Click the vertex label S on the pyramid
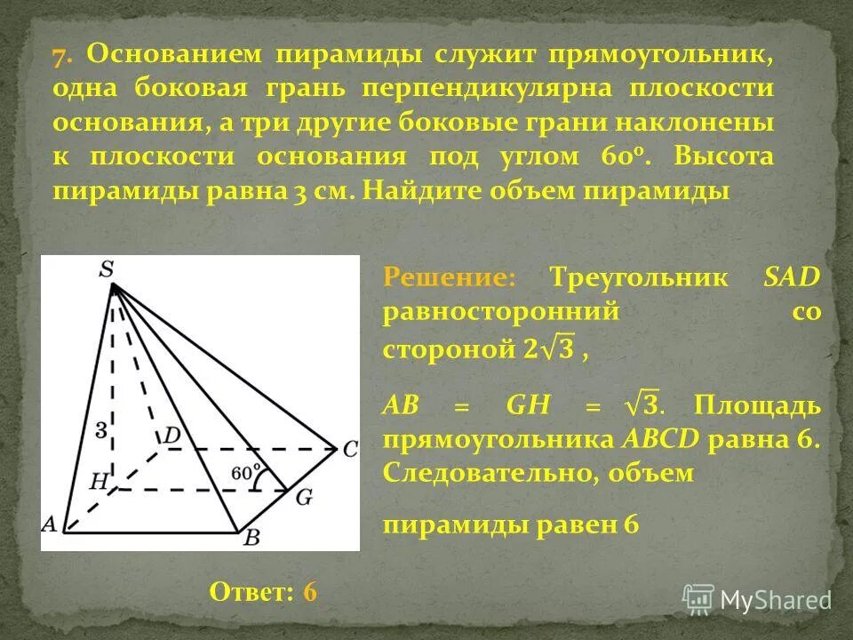107,268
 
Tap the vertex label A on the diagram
49,524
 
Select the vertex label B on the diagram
251,536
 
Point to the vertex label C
349,450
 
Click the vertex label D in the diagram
171,436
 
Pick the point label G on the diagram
304,496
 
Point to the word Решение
449,277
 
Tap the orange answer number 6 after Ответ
310,592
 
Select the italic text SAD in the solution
792,277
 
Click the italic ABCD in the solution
664,440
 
